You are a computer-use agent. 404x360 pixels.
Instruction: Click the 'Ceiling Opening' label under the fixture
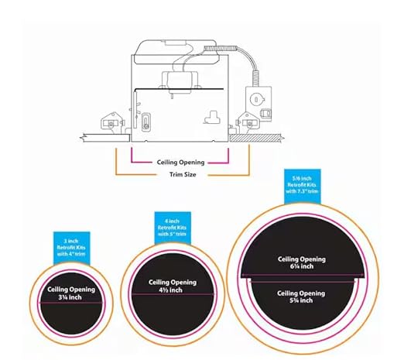click(x=180, y=163)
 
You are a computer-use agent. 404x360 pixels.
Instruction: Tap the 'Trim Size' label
click(x=183, y=174)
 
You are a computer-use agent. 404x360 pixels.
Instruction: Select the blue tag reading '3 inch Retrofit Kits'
click(x=72, y=248)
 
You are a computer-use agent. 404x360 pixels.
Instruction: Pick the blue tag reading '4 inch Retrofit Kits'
click(x=173, y=228)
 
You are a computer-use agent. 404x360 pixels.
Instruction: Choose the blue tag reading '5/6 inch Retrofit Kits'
click(x=303, y=186)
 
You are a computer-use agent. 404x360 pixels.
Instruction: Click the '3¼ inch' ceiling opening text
click(x=70, y=297)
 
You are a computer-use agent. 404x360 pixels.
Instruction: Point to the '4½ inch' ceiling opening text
click(x=170, y=290)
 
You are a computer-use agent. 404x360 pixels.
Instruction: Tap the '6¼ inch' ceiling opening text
click(x=302, y=266)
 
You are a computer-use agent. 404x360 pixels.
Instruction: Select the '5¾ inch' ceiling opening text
click(x=301, y=300)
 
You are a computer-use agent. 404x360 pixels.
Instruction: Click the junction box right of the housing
click(x=258, y=104)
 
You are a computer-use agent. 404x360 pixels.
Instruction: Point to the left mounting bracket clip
click(x=112, y=123)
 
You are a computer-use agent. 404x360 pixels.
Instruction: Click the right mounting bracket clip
click(x=248, y=123)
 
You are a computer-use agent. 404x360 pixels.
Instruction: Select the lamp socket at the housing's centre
click(x=180, y=83)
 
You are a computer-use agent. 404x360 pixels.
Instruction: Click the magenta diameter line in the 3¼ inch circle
click(x=71, y=303)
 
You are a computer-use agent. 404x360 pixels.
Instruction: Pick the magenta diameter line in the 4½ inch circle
click(x=173, y=294)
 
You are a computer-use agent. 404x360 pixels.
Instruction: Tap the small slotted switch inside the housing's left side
click(x=146, y=122)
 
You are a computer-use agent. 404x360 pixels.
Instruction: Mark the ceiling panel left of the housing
click(x=105, y=138)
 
